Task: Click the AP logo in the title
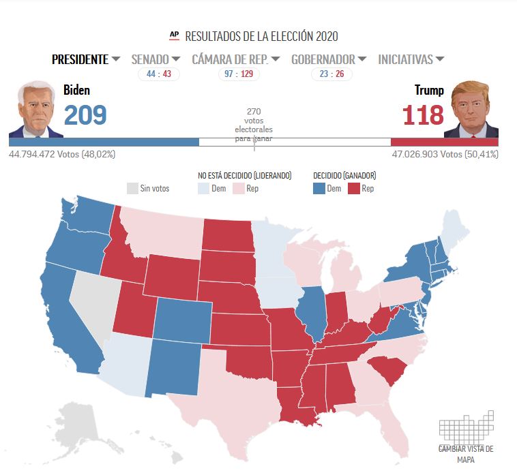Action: pyautogui.click(x=174, y=35)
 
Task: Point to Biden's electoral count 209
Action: pyautogui.click(x=85, y=114)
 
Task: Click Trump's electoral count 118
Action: pyautogui.click(x=423, y=114)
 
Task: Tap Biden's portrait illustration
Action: pyautogui.click(x=35, y=109)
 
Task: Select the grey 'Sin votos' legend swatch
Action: pyautogui.click(x=132, y=188)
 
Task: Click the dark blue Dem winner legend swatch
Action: pyautogui.click(x=319, y=188)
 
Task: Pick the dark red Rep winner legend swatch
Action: pyautogui.click(x=353, y=188)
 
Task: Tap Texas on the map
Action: pyautogui.click(x=225, y=395)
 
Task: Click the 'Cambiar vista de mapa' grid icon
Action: pyautogui.click(x=466, y=427)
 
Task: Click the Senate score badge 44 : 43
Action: pyautogui.click(x=158, y=74)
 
